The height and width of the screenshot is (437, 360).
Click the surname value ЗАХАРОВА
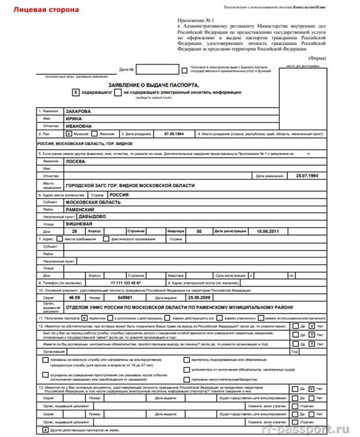click(78, 111)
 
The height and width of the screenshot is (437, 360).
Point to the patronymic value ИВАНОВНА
click(78, 126)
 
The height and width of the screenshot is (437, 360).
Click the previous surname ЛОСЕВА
click(75, 162)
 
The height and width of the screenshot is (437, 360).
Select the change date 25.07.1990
click(307, 176)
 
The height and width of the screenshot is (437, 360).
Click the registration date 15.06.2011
click(268, 231)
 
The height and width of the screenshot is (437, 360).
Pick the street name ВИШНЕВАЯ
click(79, 224)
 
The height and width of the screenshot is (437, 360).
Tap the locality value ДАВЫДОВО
click(93, 216)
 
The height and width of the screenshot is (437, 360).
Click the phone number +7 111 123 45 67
click(125, 283)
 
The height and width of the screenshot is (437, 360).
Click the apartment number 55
click(199, 231)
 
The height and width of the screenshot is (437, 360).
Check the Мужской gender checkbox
click(68, 134)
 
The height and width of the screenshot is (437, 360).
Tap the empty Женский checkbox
click(95, 134)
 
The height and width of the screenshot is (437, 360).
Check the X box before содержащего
click(75, 92)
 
